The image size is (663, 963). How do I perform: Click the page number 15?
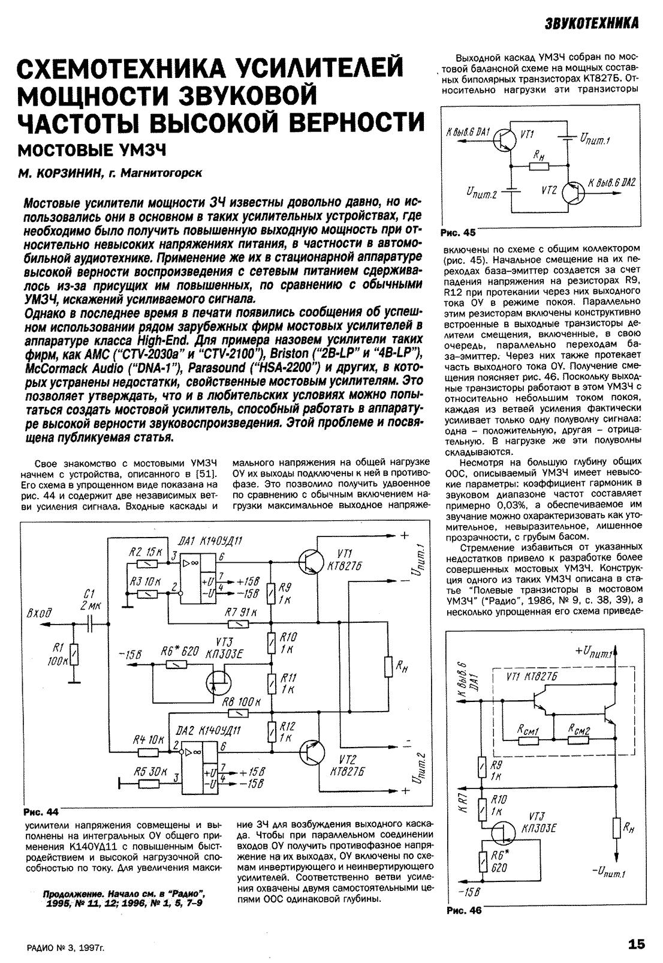coord(637,944)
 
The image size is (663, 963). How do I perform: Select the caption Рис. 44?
coord(41,812)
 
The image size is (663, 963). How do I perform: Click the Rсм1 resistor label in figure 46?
coord(528,728)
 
